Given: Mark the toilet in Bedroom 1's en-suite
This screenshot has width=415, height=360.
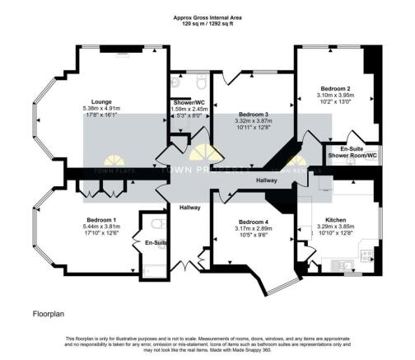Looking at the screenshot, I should (x=154, y=223).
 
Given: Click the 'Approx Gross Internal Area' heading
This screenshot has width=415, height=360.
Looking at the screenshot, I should (x=207, y=17).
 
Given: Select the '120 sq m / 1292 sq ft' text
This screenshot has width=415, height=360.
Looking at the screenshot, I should (x=207, y=24).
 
